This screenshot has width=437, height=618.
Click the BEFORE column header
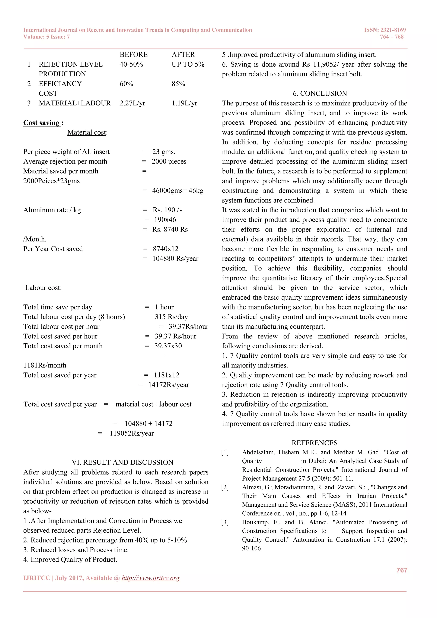(133, 55)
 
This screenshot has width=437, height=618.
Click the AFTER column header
(183, 55)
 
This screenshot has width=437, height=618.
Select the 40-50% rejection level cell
(131, 64)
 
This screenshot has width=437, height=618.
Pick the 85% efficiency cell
(178, 84)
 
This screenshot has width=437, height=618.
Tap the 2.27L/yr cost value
(132, 103)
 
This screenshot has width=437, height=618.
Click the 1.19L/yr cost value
(184, 103)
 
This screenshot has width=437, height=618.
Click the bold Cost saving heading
(43, 123)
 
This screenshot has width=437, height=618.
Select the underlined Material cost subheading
(87, 133)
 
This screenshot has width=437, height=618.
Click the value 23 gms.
(164, 152)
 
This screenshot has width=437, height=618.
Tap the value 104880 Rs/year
(175, 259)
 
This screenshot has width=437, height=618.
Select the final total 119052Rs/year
(132, 433)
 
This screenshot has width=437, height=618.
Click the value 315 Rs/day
(171, 317)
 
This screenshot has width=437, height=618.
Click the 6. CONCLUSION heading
(320, 93)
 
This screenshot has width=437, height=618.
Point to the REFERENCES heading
(314, 443)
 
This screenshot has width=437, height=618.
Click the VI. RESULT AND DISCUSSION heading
(122, 462)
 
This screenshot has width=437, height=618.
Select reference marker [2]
(225, 487)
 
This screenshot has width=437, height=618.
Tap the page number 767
(402, 570)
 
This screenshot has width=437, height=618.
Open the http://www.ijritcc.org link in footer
(150, 578)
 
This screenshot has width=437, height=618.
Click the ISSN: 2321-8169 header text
(385, 30)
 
